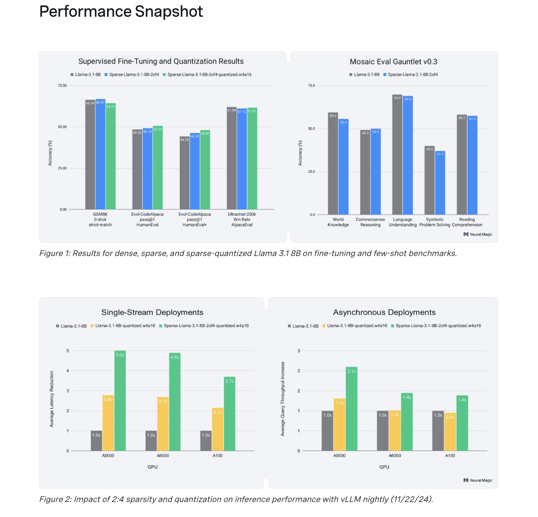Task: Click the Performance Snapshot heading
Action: pos(121,12)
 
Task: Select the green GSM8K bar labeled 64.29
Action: pos(110,157)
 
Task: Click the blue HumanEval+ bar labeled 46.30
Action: pos(195,171)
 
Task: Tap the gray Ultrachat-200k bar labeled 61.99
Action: pos(231,159)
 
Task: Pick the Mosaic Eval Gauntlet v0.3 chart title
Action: pos(393,62)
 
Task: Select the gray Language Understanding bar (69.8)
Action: pos(397,155)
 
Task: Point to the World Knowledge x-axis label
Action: pos(338,222)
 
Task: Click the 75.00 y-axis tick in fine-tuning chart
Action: pos(62,86)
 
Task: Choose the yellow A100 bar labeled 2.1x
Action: pos(218,430)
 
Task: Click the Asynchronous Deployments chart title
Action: pos(384,312)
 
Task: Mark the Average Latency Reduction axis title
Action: pos(52,399)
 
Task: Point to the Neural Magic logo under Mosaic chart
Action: pos(478,235)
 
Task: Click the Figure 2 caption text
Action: pos(236,499)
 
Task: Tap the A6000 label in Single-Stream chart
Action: pos(163,456)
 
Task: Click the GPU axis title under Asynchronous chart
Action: pos(384,467)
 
